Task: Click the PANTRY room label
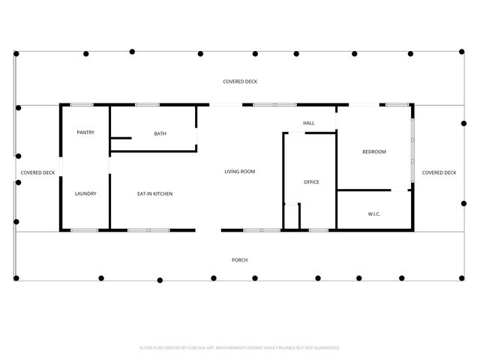(85, 133)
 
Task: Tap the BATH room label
(160, 133)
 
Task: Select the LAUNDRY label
(85, 193)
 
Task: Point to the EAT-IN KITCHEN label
(154, 193)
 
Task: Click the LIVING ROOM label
(240, 172)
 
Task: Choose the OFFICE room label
(311, 182)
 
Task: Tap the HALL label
(309, 122)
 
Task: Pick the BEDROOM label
(374, 152)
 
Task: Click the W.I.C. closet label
(374, 214)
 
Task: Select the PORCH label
(240, 260)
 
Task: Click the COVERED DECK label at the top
(240, 81)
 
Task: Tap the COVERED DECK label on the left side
(37, 172)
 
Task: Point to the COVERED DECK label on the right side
(439, 172)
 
